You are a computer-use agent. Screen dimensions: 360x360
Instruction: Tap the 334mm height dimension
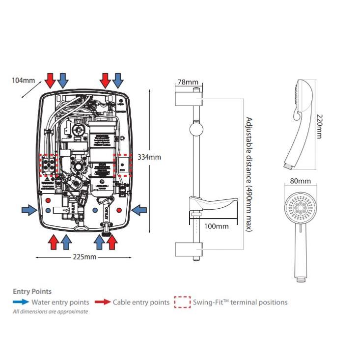[149, 157]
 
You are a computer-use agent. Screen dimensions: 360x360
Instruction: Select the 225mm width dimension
[83, 257]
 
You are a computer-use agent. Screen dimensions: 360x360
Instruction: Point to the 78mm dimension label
[188, 82]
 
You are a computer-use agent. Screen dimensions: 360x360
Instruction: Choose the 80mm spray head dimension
[301, 181]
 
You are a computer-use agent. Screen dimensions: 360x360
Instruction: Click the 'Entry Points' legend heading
[32, 291]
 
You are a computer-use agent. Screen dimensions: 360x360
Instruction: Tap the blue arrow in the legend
[21, 303]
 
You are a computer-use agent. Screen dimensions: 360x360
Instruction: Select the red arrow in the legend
[102, 303]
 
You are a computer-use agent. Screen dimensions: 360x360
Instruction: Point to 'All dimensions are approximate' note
[51, 312]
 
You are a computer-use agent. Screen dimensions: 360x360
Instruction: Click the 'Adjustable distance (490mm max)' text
[249, 174]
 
